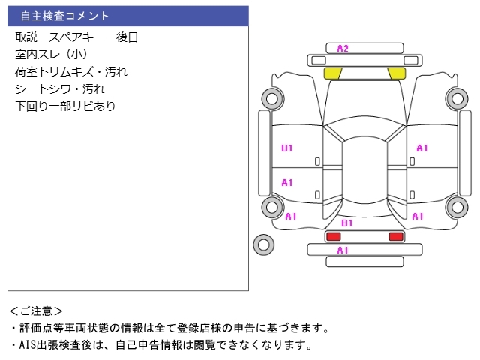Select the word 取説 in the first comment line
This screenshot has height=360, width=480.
(x=27, y=37)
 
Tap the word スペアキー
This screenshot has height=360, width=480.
(x=76, y=37)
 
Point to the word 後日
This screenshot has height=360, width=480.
(x=127, y=37)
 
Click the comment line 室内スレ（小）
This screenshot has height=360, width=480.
(x=52, y=54)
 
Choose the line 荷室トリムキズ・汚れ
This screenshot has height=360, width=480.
(x=71, y=71)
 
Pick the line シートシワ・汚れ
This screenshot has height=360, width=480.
(x=60, y=88)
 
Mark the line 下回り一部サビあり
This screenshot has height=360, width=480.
(x=65, y=106)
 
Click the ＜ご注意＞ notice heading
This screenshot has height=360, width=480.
(x=36, y=310)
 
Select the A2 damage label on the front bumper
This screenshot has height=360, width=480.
(x=343, y=49)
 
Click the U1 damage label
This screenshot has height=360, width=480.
(x=287, y=148)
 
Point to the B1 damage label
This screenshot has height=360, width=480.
(x=347, y=223)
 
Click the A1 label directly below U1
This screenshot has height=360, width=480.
(x=287, y=182)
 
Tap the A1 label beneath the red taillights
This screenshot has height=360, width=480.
(x=343, y=250)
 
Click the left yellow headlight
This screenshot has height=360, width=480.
(x=333, y=73)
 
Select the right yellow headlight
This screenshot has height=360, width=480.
(x=396, y=73)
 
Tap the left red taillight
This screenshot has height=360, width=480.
(x=332, y=236)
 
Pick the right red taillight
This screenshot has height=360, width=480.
(x=395, y=236)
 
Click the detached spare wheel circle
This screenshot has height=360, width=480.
(x=263, y=243)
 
